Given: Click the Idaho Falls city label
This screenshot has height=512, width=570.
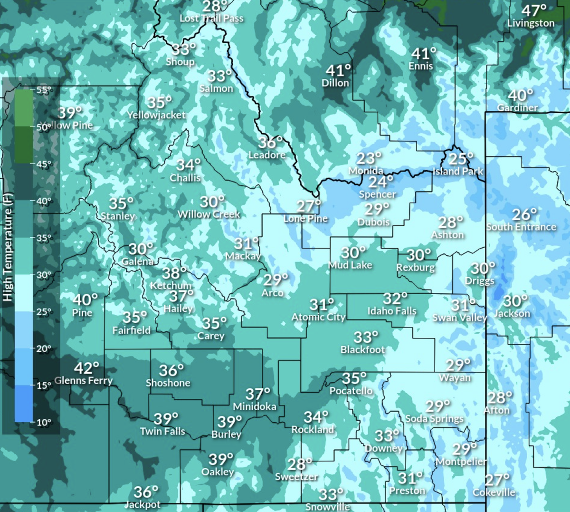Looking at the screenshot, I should (x=392, y=311).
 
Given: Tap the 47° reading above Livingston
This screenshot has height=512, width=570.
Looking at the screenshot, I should (x=534, y=10).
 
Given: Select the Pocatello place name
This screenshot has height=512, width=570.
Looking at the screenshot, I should (x=351, y=391).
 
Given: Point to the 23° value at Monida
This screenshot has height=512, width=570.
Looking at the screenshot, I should (x=369, y=158).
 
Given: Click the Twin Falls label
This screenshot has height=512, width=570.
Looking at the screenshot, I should (x=162, y=431).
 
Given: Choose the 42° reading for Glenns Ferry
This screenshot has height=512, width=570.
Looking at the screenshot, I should (x=86, y=368).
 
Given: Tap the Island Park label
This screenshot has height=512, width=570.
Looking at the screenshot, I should (x=458, y=171).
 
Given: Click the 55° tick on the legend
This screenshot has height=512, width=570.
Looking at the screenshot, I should (x=44, y=90).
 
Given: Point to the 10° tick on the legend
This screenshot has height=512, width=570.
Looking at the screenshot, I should (x=44, y=422).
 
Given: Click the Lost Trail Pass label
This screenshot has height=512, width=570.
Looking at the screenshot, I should (x=211, y=19).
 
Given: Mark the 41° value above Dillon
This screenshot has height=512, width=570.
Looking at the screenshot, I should (x=338, y=70).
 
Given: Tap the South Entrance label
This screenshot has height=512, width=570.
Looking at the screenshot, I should (x=521, y=227).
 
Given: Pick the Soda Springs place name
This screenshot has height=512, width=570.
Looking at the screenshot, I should (x=434, y=419).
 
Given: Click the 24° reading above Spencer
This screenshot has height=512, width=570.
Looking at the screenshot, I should (x=381, y=182).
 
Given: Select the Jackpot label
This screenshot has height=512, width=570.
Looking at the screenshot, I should (x=142, y=504).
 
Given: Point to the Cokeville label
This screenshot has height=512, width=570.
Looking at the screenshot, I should (x=494, y=492).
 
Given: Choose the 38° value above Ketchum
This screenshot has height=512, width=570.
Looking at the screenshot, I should (x=174, y=273).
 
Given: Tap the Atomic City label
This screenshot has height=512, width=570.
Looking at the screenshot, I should (x=318, y=317).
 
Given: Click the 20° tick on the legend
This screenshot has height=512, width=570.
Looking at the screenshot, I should (x=44, y=348).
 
